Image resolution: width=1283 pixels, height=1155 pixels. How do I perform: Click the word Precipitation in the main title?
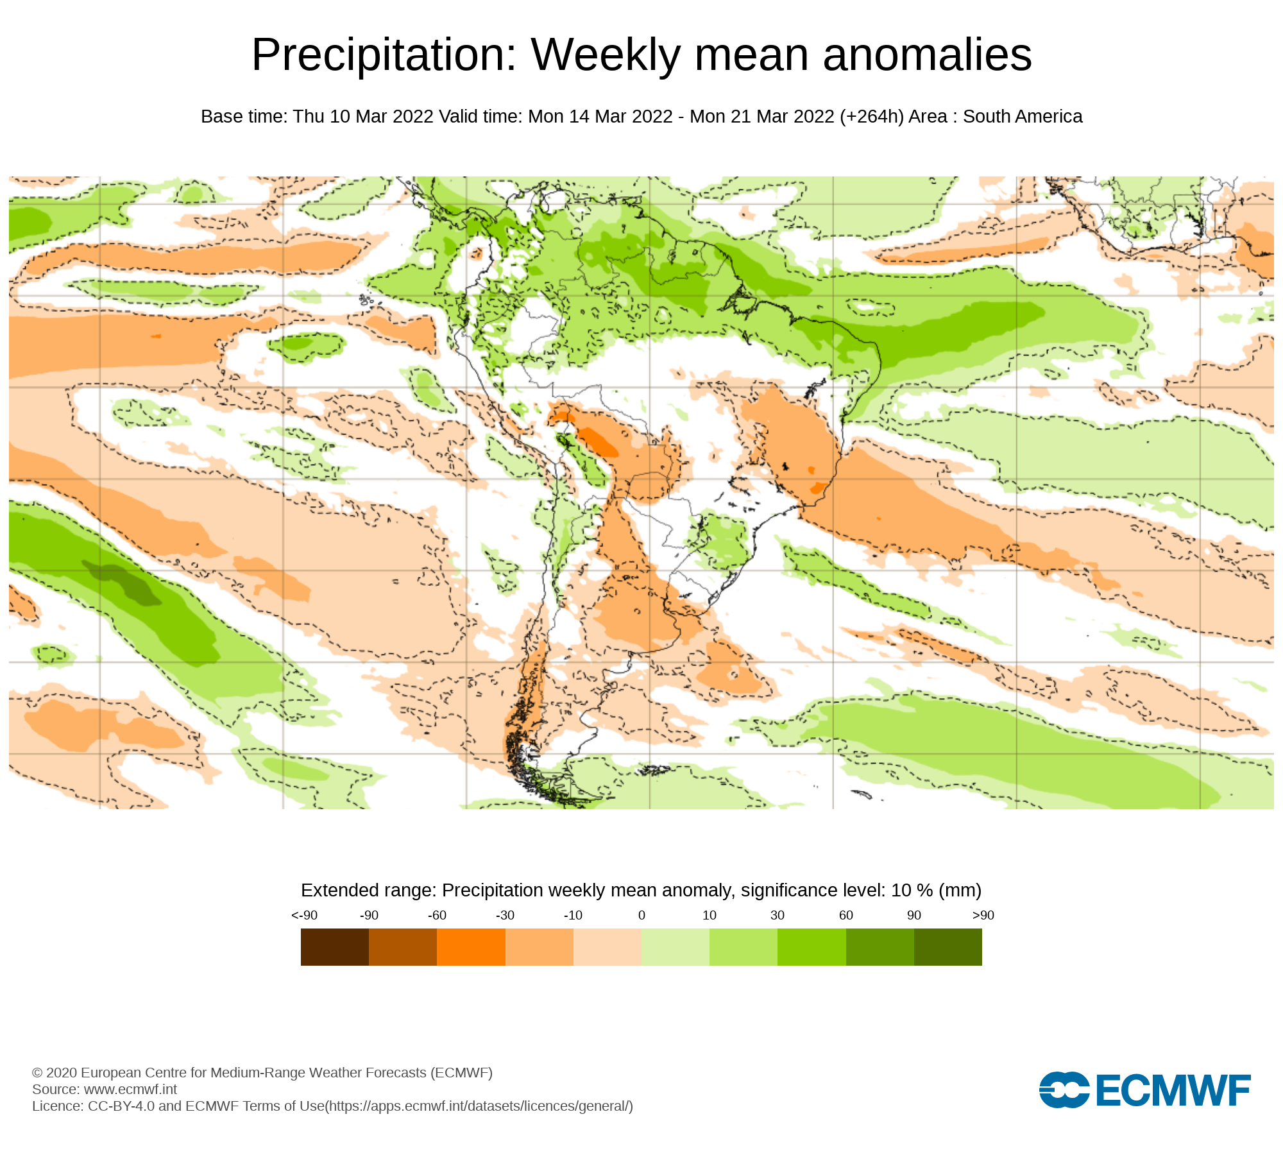384,55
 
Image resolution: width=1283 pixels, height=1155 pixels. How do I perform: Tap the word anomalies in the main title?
927,55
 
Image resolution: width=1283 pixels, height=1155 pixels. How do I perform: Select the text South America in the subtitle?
1022,117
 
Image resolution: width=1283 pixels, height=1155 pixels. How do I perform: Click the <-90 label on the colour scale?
304,915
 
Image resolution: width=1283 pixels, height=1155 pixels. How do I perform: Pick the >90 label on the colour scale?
983,915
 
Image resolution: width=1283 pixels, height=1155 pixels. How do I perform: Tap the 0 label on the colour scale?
641,915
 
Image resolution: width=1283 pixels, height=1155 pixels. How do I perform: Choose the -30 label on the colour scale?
505,915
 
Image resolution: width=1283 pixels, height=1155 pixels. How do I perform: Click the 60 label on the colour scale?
846,915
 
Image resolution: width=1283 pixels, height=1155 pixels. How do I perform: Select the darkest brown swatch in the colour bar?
335,947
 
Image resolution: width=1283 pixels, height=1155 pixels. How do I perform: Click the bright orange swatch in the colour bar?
471,947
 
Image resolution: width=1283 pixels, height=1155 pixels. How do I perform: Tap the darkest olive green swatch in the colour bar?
948,947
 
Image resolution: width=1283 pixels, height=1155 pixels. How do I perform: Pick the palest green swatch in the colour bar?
675,947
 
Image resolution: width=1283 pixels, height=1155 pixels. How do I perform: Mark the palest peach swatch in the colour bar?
608,947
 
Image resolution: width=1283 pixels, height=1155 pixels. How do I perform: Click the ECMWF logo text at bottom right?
1173,1090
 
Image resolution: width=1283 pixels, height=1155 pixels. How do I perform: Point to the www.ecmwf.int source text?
130,1089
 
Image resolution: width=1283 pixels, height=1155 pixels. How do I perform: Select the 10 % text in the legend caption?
912,891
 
